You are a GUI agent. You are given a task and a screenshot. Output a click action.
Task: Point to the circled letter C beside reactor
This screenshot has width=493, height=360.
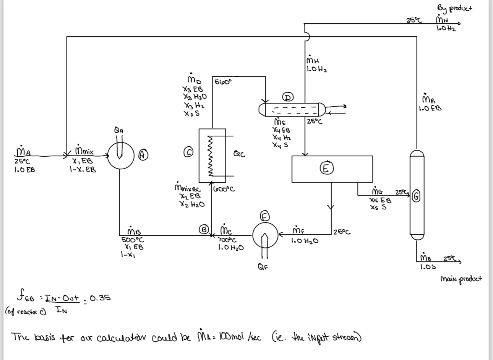[x=189, y=152]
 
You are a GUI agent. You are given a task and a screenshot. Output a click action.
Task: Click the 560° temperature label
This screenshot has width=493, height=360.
[x=223, y=82]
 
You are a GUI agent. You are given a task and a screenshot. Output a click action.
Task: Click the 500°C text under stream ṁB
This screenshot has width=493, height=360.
[x=132, y=240]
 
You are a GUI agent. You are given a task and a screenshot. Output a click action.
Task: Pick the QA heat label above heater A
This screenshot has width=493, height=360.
[x=119, y=130]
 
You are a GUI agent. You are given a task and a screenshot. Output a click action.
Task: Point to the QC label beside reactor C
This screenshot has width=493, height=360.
[x=239, y=154]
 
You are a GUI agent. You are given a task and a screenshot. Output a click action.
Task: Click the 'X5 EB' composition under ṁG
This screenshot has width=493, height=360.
[x=380, y=200]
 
